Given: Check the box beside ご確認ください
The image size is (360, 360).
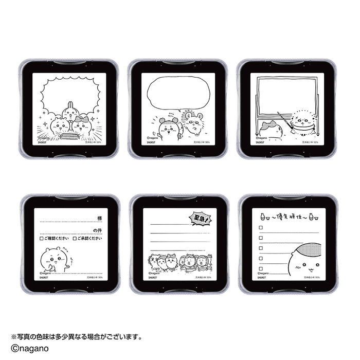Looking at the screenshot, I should [41, 239].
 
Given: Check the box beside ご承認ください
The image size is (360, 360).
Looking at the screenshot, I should [75, 239].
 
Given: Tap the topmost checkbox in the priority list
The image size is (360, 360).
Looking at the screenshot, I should [261, 228].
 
